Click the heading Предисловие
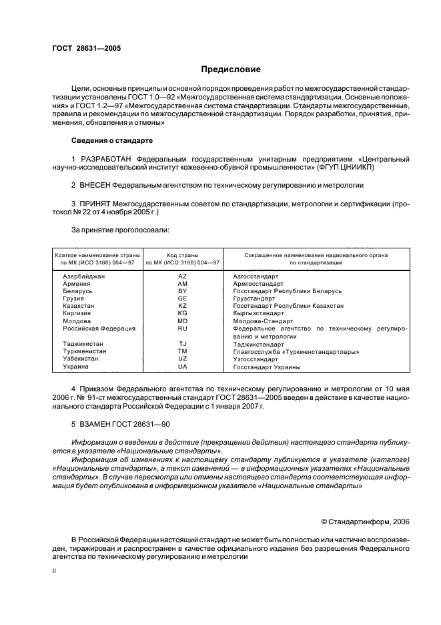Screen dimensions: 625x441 coord(231,69)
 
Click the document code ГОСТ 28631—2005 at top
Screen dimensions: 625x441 coord(82,47)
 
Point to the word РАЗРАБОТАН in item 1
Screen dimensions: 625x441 coord(106,159)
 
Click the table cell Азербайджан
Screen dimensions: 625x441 coord(84,276)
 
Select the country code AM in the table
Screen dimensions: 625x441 coord(182,284)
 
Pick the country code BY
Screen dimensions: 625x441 coord(182,291)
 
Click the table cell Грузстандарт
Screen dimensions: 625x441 coord(254,298)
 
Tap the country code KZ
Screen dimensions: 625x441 coord(182,306)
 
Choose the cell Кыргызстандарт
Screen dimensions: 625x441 coord(258,313)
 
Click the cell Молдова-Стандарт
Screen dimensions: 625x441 coord(260,321)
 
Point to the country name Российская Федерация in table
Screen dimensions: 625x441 coord(99,328)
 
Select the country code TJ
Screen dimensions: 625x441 coord(182,344)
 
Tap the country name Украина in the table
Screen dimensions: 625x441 coord(75,367)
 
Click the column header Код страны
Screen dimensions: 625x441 coord(182,254)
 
